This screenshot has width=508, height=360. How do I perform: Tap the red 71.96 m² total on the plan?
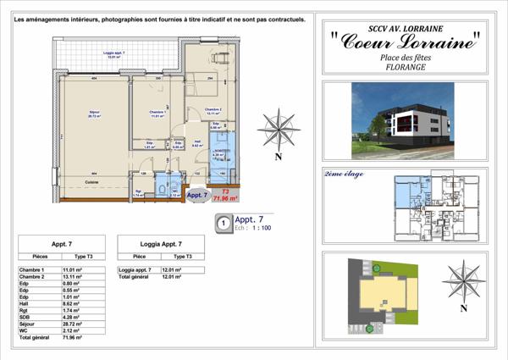(225, 197)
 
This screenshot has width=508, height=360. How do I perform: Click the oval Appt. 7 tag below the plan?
(196, 195)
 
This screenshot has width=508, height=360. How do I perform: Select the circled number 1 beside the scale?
(223, 224)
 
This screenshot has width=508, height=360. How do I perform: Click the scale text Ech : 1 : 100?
(251, 229)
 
